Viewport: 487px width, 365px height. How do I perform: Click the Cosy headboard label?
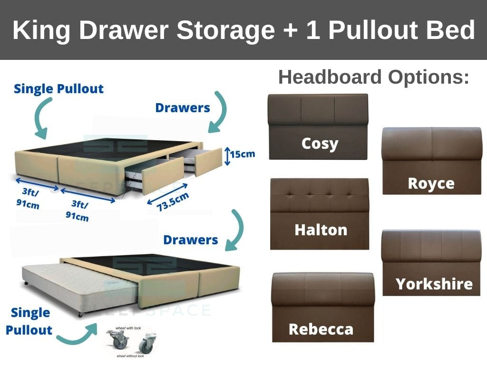point(320,143)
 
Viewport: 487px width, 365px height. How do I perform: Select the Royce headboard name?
point(431,183)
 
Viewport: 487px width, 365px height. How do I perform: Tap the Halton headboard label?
point(321,230)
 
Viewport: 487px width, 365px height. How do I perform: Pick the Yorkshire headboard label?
point(434,284)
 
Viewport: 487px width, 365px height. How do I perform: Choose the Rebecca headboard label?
point(321,329)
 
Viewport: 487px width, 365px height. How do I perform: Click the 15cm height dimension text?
point(243,154)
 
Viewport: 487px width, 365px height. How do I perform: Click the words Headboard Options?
point(374,77)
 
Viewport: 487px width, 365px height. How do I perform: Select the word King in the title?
point(41,30)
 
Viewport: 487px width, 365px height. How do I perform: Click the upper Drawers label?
point(183,108)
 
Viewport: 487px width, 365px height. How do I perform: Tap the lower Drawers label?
point(190,240)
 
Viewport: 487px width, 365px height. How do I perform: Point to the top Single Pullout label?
point(58,89)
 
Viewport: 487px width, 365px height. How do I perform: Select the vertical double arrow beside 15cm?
point(227,155)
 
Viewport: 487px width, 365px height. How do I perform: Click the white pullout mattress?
point(76,285)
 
